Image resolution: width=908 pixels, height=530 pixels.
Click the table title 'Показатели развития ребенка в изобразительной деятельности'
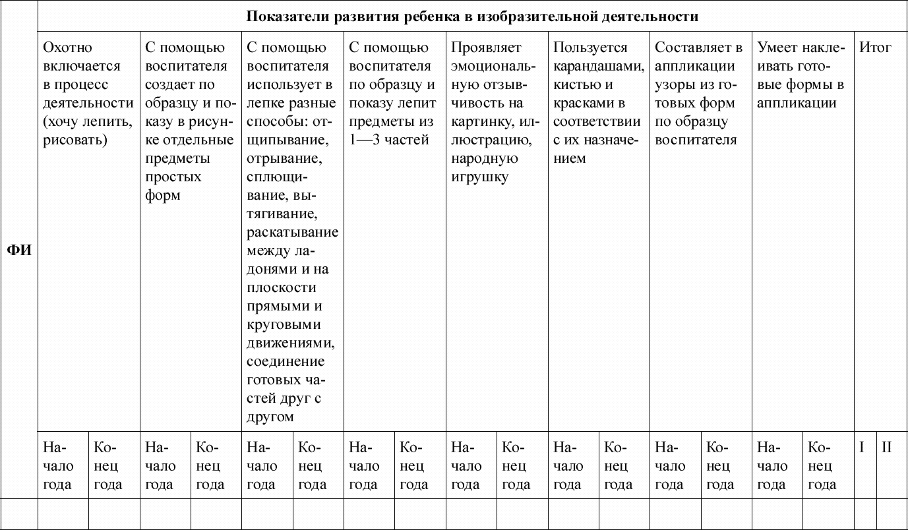click(x=472, y=16)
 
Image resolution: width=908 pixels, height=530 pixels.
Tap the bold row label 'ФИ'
click(x=19, y=251)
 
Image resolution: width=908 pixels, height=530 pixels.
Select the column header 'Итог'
click(x=875, y=47)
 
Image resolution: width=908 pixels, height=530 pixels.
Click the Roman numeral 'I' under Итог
click(x=862, y=448)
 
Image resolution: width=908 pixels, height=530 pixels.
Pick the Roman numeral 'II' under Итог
click(x=887, y=448)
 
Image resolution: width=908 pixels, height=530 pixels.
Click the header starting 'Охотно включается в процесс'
click(x=88, y=94)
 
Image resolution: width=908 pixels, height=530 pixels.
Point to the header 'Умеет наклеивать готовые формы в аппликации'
click(x=801, y=75)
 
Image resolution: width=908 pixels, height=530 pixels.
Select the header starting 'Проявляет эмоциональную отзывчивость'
click(x=492, y=112)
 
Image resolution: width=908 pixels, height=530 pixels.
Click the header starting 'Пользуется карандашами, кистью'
click(x=597, y=103)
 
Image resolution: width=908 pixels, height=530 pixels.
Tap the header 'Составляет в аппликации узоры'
click(x=698, y=94)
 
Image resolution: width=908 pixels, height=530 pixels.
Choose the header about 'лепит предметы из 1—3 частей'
click(x=392, y=94)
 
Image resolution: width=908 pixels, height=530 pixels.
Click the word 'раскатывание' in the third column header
click(x=292, y=232)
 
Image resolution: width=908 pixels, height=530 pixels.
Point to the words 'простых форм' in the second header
click(x=173, y=186)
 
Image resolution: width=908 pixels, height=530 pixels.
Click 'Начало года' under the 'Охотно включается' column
click(x=59, y=466)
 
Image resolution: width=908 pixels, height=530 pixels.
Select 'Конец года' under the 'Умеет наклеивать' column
click(x=822, y=466)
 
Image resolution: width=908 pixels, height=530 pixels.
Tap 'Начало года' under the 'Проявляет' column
click(x=466, y=466)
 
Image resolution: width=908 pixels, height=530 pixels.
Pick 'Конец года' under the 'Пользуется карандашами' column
click(x=618, y=466)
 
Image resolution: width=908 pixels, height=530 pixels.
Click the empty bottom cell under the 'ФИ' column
click(x=19, y=514)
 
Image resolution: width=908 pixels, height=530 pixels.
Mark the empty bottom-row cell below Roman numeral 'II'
click(x=891, y=514)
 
